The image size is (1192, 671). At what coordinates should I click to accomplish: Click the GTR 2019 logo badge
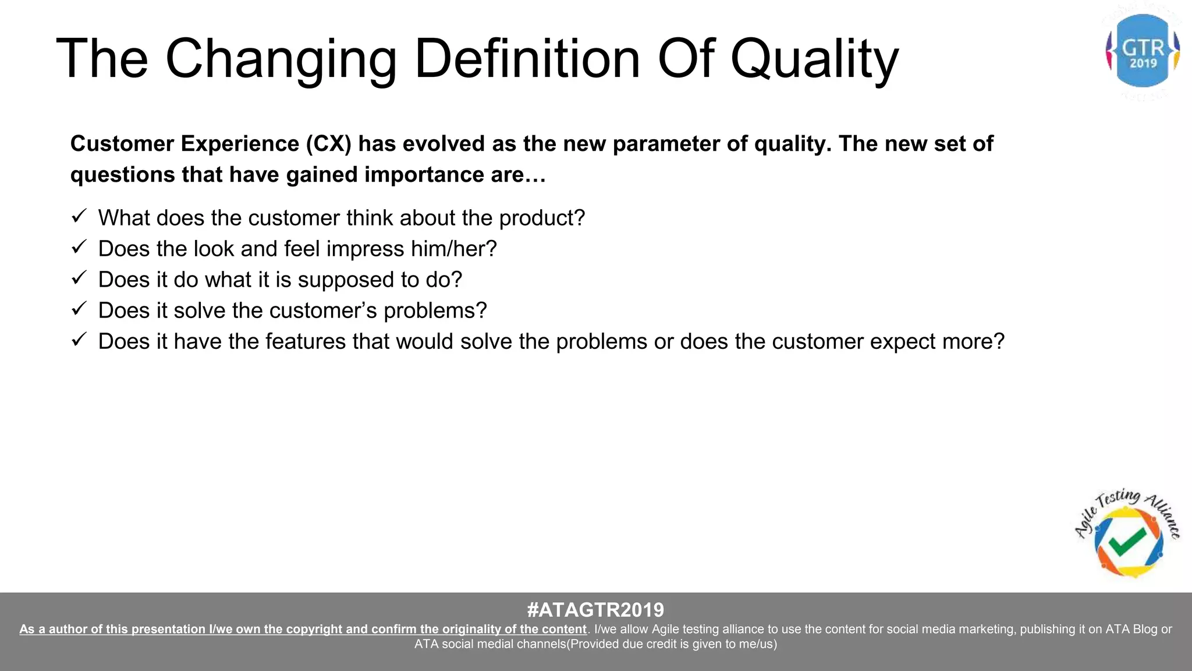pos(1143,51)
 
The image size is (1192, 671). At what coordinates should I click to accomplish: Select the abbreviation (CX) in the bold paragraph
pos(329,144)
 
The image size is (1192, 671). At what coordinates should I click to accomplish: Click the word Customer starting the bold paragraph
pos(122,144)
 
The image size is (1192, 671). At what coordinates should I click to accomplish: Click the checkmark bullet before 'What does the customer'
pos(79,216)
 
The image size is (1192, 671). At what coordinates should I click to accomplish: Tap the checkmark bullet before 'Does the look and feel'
pos(79,247)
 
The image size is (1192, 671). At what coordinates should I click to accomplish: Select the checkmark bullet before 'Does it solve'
pos(79,309)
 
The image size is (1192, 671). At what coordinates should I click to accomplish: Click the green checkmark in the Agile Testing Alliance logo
pos(1127,542)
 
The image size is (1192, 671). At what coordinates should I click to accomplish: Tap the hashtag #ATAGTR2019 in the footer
pos(595,610)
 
